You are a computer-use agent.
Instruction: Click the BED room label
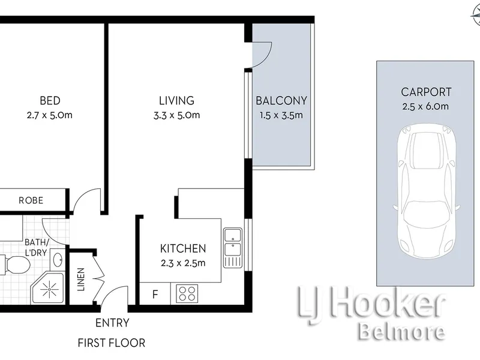(x=50, y=100)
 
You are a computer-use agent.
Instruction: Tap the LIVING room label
(x=176, y=100)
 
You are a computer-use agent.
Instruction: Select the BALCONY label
(x=281, y=100)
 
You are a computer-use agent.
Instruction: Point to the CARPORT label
(x=426, y=92)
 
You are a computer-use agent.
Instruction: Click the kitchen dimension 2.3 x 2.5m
(x=183, y=263)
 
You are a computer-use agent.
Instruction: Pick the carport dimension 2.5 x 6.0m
(x=425, y=107)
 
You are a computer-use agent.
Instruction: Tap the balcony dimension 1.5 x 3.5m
(x=281, y=115)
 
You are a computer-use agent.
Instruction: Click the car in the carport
(x=427, y=191)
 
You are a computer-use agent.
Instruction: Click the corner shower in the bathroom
(x=48, y=288)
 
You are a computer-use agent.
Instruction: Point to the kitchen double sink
(x=233, y=248)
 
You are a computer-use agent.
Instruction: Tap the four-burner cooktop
(x=187, y=293)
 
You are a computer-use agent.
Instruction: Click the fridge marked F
(x=155, y=294)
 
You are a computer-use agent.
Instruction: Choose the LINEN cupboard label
(x=81, y=279)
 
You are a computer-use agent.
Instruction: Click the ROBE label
(x=31, y=200)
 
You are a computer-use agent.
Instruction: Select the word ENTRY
(x=112, y=323)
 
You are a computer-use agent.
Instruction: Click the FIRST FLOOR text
(x=112, y=343)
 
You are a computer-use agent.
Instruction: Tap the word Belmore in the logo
(x=402, y=332)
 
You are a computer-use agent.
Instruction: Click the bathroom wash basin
(x=58, y=260)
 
